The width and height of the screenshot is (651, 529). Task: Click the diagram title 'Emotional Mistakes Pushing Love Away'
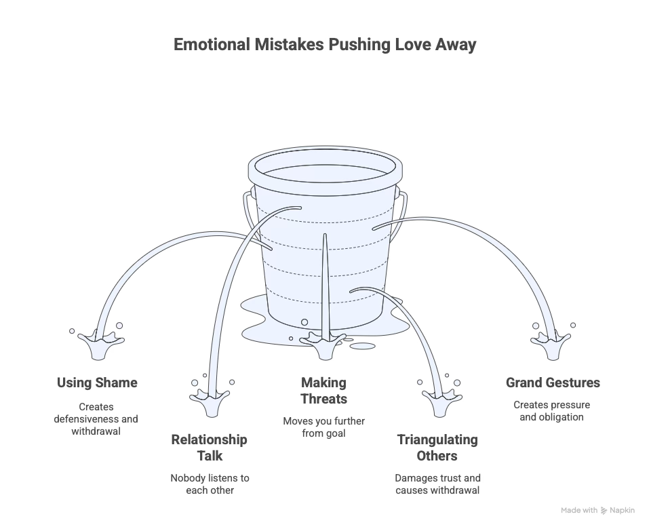[325, 45]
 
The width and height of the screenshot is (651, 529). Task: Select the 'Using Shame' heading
[97, 383]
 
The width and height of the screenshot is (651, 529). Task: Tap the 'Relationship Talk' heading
[209, 448]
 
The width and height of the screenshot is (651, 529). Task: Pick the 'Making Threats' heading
[324, 391]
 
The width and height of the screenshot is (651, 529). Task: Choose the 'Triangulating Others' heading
[437, 448]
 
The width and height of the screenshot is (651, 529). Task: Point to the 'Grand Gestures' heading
[553, 383]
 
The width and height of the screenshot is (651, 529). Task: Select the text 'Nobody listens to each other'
[210, 484]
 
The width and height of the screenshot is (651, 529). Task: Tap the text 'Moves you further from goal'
[324, 427]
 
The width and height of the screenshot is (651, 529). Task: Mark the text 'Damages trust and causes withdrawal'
[437, 484]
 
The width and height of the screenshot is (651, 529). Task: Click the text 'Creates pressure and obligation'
[552, 411]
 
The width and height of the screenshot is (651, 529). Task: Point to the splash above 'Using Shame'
[98, 342]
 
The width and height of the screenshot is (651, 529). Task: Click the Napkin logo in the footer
[604, 511]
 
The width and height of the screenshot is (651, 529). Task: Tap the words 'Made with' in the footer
[579, 511]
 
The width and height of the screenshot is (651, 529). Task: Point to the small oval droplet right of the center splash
[364, 346]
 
